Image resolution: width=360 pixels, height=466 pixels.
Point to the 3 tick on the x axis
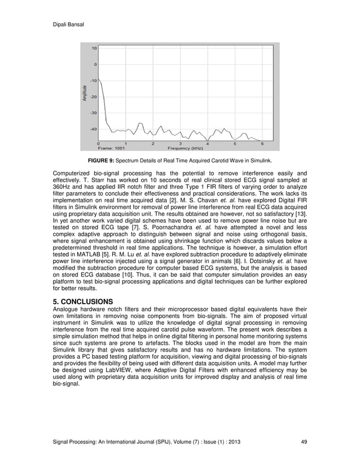coord(180,143)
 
